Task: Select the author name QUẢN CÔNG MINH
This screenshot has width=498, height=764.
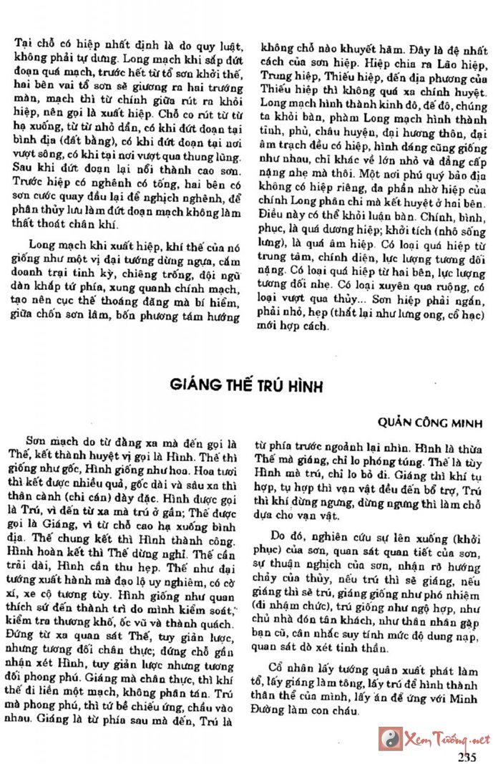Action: [439, 423]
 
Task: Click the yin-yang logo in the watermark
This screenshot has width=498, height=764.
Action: [391, 738]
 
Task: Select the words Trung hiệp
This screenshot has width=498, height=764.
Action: [283, 78]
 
